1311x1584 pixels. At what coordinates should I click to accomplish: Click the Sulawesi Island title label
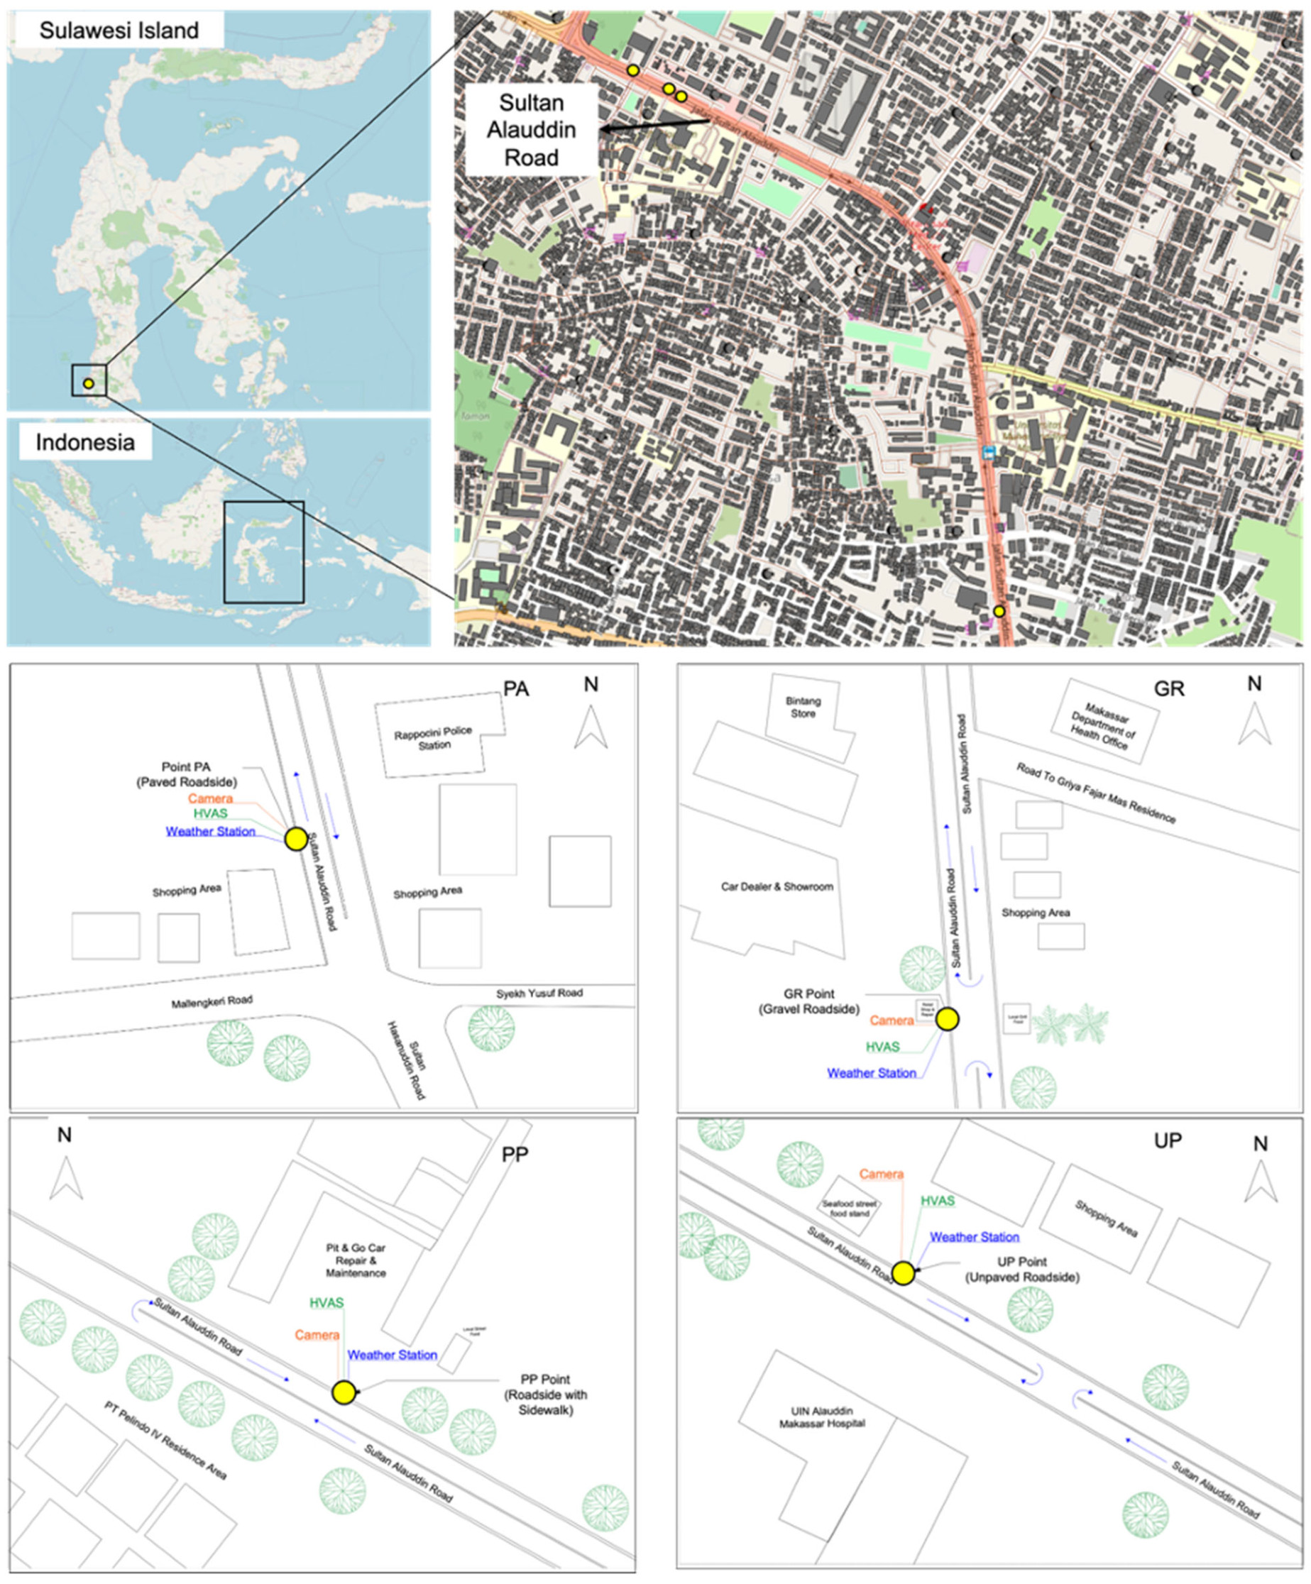[119, 31]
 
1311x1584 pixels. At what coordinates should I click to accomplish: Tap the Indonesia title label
[85, 442]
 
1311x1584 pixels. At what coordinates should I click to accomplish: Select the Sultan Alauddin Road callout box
[531, 130]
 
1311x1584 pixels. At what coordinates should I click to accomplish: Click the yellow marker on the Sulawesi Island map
[88, 384]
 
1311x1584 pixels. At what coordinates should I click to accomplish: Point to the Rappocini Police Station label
[434, 737]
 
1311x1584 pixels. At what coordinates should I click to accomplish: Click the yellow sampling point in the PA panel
[296, 840]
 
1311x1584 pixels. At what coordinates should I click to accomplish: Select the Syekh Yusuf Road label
[539, 994]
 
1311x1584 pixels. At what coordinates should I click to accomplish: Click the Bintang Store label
[803, 707]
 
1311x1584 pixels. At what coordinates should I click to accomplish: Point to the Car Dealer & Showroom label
[777, 886]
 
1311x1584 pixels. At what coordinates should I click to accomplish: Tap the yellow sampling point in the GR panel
[948, 1019]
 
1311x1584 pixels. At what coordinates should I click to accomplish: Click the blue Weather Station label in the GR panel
[871, 1072]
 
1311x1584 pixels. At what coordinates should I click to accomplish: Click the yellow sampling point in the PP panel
[344, 1392]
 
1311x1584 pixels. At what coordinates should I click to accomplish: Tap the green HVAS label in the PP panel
[327, 1303]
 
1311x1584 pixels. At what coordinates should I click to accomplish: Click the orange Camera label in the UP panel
[881, 1175]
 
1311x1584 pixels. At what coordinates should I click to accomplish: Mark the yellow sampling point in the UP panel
[903, 1274]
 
